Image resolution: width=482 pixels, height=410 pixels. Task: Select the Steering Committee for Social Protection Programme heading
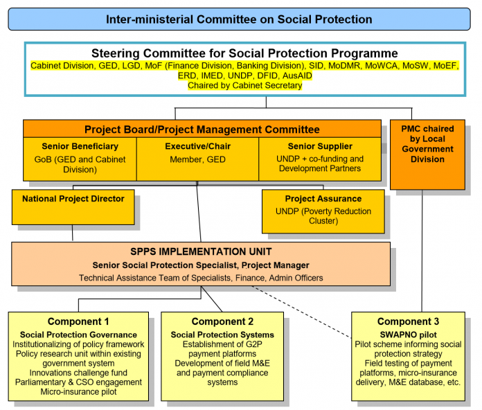point(244,53)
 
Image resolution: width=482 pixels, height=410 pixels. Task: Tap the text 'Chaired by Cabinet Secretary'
point(244,86)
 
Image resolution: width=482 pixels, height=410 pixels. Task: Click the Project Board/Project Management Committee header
point(202,129)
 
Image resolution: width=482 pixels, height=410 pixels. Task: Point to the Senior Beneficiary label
point(80,146)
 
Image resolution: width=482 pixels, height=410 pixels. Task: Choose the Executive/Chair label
point(197,146)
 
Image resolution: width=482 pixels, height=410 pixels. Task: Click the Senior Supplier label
point(319,146)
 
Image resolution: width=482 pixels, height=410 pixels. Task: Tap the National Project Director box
point(73,199)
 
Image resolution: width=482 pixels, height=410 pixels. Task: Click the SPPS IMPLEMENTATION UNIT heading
point(201,251)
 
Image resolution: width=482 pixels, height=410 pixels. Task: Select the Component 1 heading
point(78,321)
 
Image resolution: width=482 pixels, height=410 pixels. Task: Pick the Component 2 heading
point(222,321)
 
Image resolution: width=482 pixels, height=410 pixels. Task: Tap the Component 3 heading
point(408,321)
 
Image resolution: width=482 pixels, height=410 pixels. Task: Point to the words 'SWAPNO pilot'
point(408,333)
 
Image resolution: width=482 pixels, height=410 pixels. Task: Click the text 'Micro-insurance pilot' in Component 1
point(78,392)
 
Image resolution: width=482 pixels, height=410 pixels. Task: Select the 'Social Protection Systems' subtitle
point(222,335)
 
